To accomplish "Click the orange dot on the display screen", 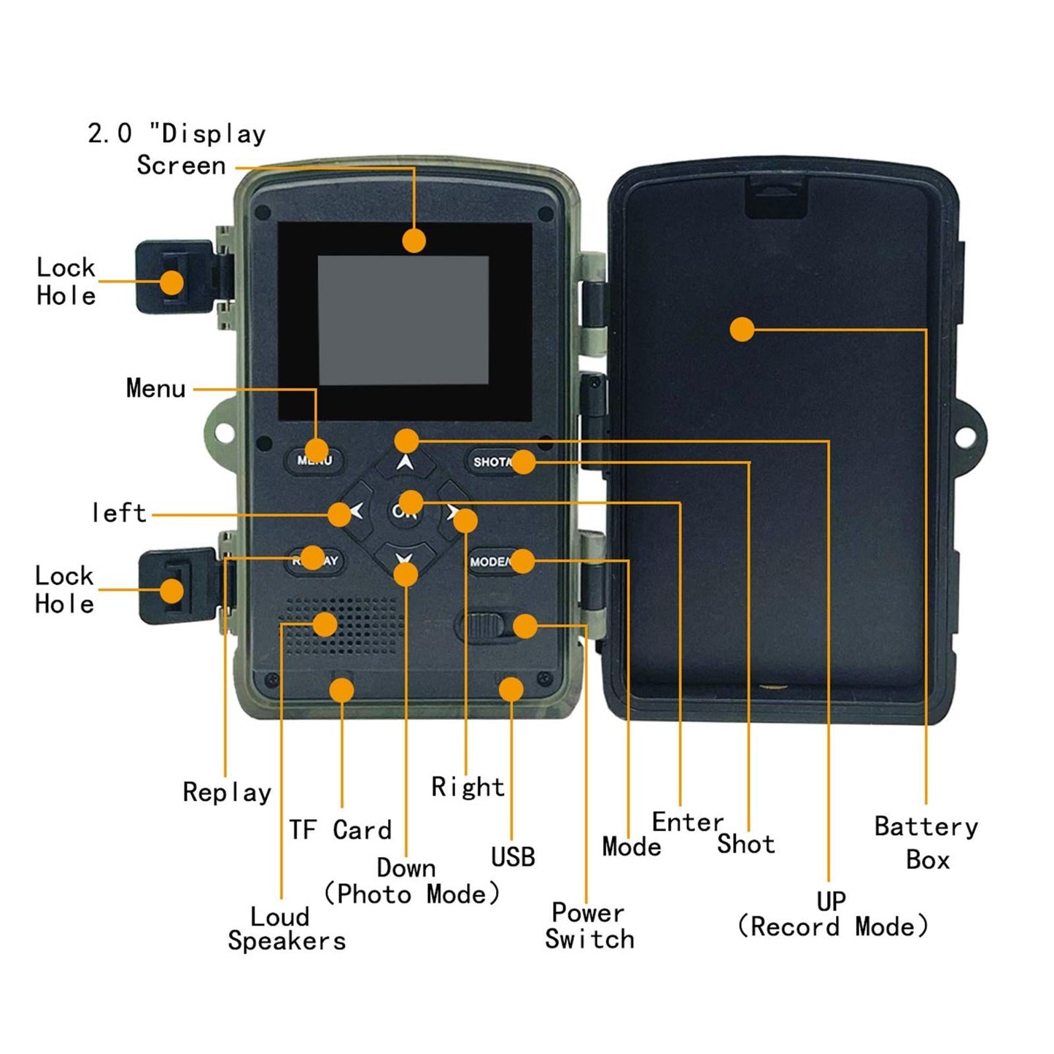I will (x=414, y=240).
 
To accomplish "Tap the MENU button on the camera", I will (x=314, y=460).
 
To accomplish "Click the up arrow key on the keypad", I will (x=406, y=462).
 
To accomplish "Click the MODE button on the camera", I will (x=495, y=562).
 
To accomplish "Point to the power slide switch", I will (x=482, y=626).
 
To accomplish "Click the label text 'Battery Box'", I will (x=926, y=842).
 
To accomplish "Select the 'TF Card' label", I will (x=340, y=830).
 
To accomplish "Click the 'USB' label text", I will (x=513, y=857).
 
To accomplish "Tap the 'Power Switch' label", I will (x=589, y=926).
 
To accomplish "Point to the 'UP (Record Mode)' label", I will (x=832, y=914).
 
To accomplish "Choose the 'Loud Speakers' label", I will (x=287, y=929).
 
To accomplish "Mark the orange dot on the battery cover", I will (x=742, y=329).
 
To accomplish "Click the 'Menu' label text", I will (x=155, y=388).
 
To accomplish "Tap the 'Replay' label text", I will (x=227, y=791).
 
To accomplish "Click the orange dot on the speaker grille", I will (x=325, y=624).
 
